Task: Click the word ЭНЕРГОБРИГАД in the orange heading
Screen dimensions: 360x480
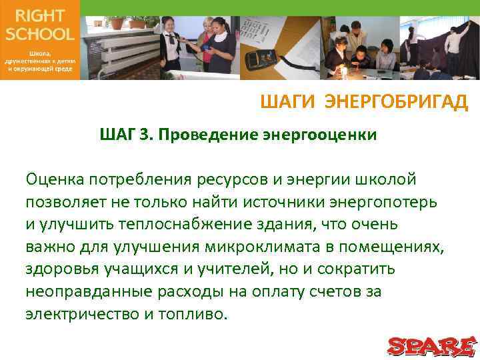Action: point(397,102)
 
